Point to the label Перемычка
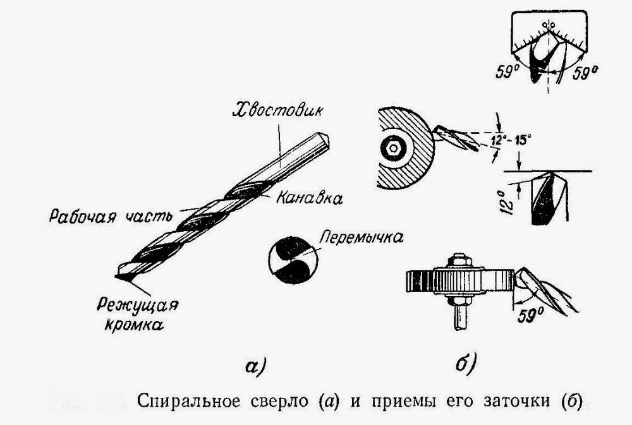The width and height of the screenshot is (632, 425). click(362, 238)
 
